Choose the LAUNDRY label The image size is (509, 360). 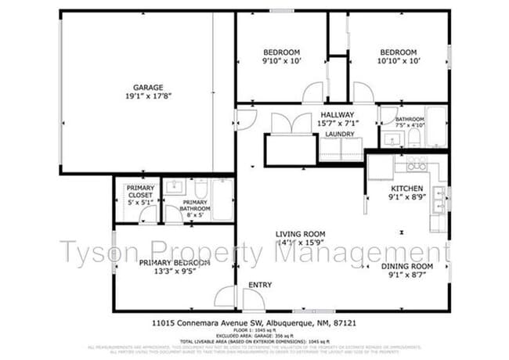tap(340, 135)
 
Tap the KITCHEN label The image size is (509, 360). tap(407, 189)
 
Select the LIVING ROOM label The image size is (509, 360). tap(300, 233)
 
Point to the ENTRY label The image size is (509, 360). tap(260, 285)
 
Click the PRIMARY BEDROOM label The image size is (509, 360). tap(174, 263)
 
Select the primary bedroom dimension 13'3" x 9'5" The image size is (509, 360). tap(174, 272)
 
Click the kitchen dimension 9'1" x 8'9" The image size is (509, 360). tap(407, 199)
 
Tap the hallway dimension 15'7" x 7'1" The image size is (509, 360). tap(337, 124)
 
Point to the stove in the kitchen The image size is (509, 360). tap(415, 164)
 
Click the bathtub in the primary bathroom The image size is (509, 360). tap(222, 200)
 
